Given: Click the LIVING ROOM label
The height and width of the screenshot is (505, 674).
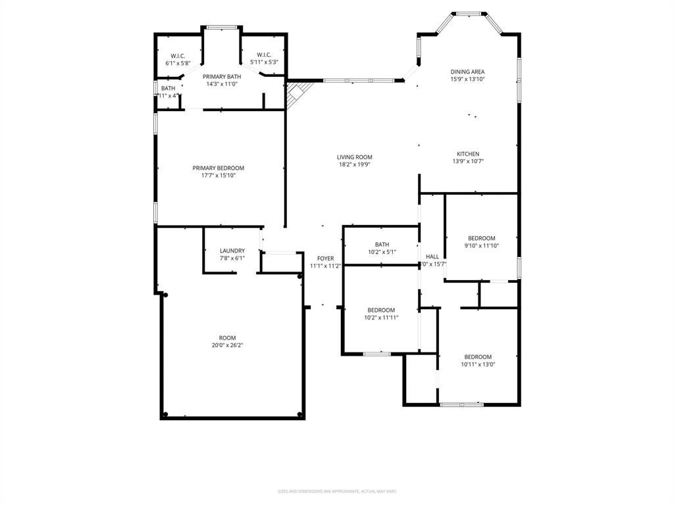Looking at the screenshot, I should coord(354,157).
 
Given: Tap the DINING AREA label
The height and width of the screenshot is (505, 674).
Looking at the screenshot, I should coord(467,72).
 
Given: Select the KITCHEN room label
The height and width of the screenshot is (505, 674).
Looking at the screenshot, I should coord(468,154).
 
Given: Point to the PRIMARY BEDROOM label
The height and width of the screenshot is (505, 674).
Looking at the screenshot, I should coord(218,168).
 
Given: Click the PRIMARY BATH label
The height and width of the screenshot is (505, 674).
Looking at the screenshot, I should coord(221,76).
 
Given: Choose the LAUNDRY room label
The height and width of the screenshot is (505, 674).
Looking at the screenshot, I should coord(232,251).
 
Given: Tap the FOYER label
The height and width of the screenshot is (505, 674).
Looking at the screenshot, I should coord(325,258).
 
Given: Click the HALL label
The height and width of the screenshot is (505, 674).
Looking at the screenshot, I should coord(432,256).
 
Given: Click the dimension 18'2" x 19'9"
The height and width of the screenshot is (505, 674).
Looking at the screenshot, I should coord(354,165).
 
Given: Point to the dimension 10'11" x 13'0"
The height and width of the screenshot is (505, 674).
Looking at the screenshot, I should coord(478,364).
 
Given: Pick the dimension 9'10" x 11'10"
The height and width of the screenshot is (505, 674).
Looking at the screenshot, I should coord(482,246).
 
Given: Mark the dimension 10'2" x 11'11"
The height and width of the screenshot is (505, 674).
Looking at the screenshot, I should coord(381,318).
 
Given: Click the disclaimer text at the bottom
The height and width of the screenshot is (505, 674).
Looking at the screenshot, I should coord(337,491).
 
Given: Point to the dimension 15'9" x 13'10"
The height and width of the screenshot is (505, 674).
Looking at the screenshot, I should coord(467,80).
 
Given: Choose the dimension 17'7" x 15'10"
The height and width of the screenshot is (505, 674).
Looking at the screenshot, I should coord(218,176).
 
